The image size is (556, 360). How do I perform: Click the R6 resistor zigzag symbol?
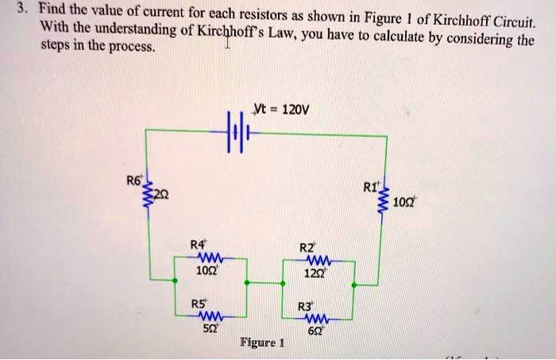[x=146, y=197]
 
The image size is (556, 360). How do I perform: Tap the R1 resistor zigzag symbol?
[x=386, y=195]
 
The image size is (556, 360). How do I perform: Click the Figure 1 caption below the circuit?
[x=261, y=343]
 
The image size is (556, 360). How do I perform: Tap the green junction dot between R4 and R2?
[x=248, y=281]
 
